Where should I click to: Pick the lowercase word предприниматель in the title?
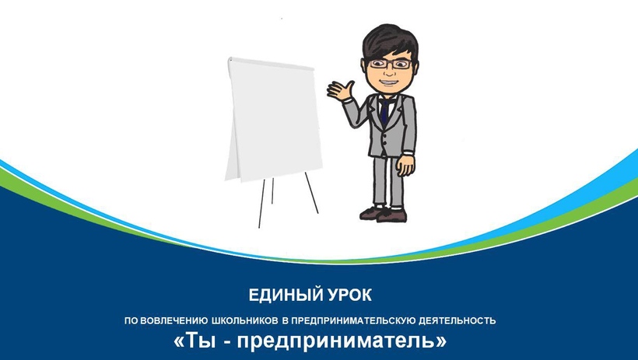[x=336, y=341]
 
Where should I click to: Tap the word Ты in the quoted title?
[x=201, y=341]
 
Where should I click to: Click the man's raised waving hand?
[x=340, y=90]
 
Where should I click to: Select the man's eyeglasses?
[x=390, y=65]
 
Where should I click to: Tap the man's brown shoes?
[x=384, y=214]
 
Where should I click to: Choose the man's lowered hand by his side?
[x=405, y=165]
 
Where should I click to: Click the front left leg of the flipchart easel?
[x=261, y=204]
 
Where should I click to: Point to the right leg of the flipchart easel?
[x=312, y=193]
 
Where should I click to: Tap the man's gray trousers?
[x=388, y=182]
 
